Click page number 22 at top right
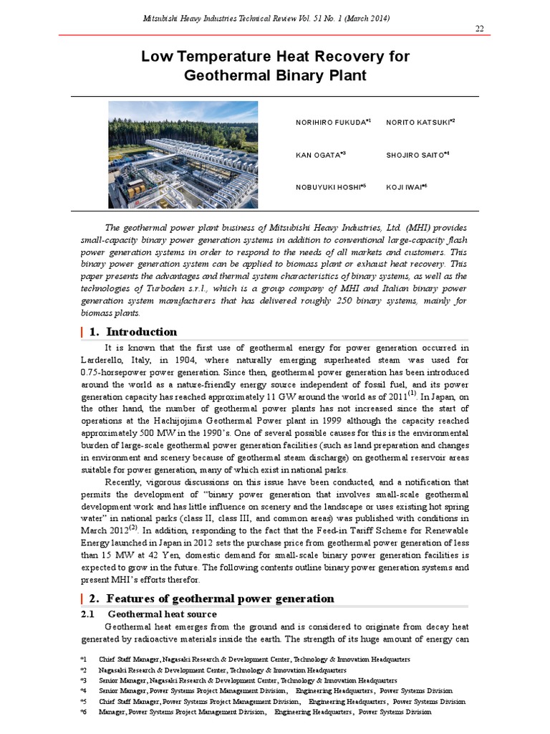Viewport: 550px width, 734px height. tap(479, 28)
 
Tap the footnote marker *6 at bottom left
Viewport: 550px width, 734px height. tap(83, 712)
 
